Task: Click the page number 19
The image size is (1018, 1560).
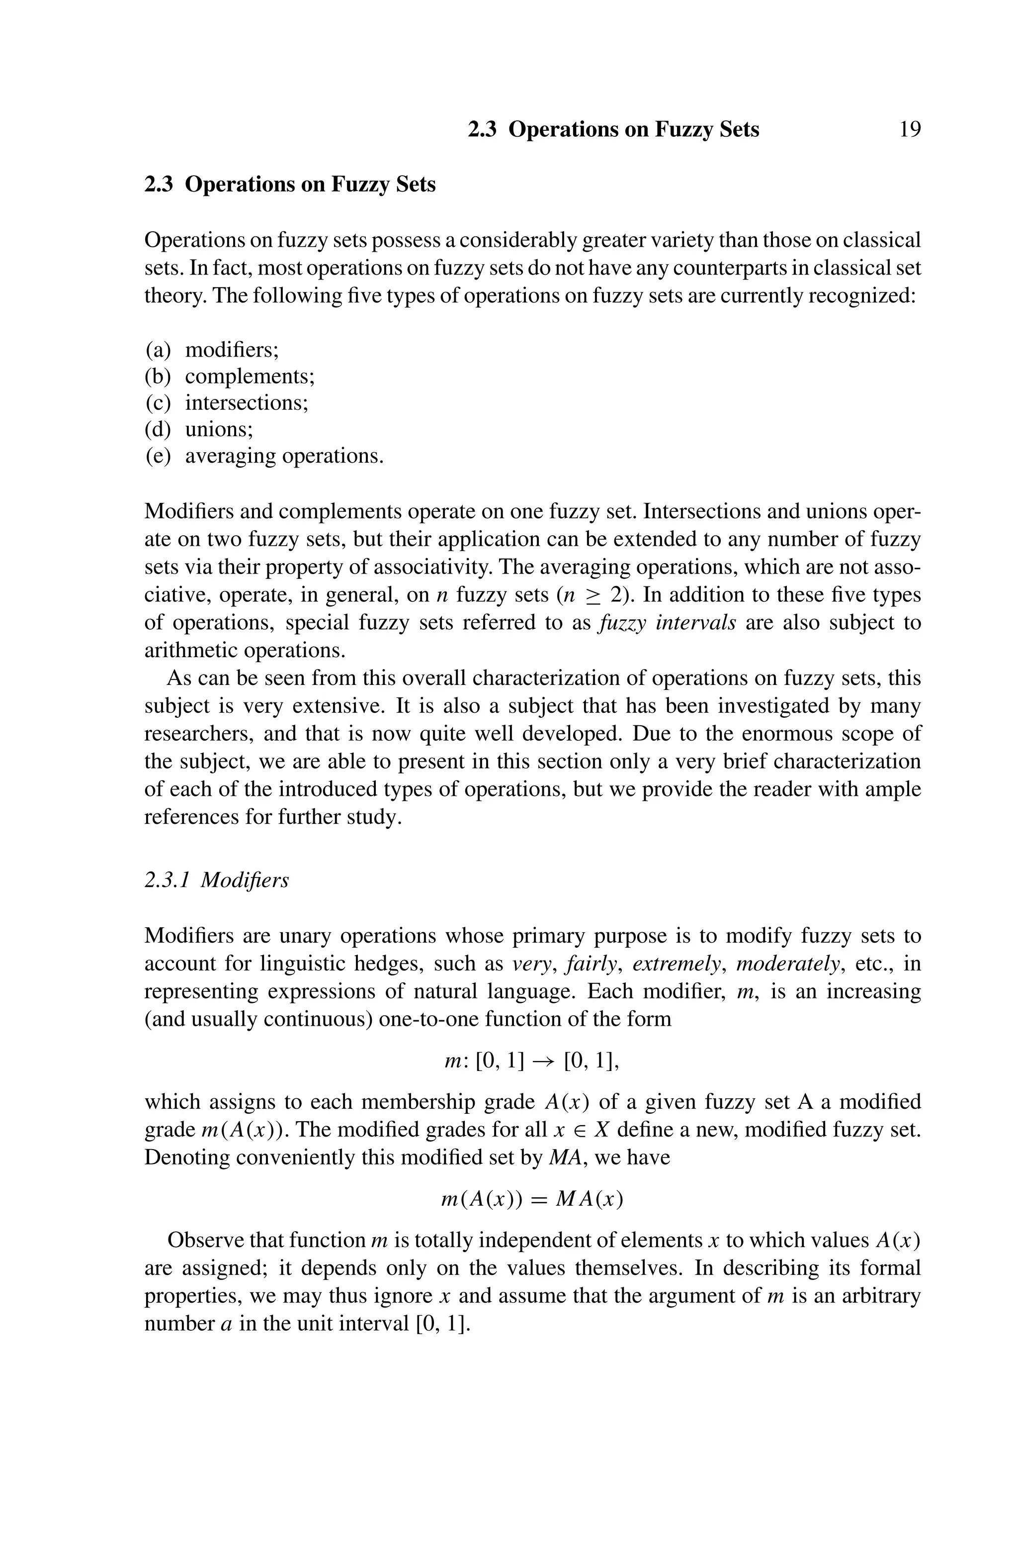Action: point(909,129)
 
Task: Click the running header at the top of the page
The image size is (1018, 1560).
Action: point(613,129)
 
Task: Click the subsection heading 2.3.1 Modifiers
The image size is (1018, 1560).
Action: point(216,879)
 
